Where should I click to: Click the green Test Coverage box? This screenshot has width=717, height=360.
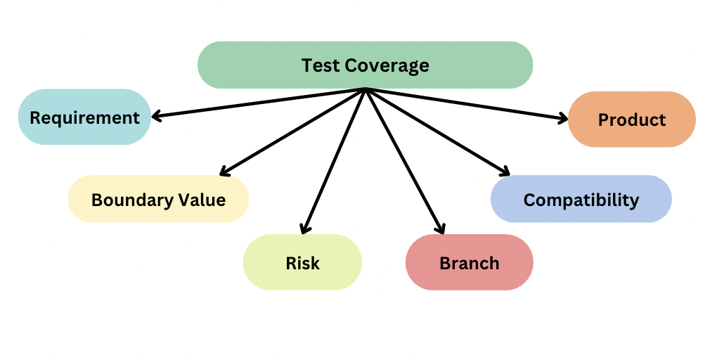[365, 65]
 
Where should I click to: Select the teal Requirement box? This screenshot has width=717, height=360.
[84, 117]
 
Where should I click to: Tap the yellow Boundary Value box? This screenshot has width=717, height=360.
[158, 199]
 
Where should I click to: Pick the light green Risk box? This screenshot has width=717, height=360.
[302, 262]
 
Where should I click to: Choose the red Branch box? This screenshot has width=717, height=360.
[469, 262]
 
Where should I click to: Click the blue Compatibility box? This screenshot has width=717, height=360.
[581, 199]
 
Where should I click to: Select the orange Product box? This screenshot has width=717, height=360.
[631, 120]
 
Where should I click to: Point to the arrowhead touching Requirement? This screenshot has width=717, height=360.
[157, 117]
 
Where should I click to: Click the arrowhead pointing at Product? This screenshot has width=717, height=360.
[562, 119]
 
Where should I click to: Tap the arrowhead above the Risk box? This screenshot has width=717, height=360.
[304, 228]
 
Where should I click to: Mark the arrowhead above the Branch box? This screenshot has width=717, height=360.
[441, 228]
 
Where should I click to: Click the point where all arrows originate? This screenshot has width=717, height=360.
[366, 89]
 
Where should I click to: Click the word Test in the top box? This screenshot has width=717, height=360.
[320, 65]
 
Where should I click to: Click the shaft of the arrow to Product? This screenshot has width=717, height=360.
[464, 103]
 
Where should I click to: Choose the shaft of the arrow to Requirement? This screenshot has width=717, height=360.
[260, 103]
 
